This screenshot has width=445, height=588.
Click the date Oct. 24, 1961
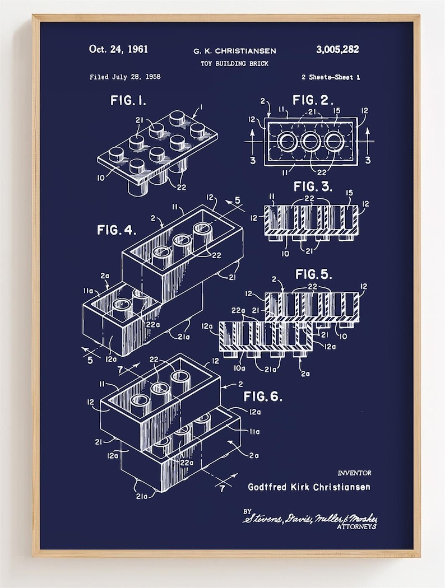coord(118,49)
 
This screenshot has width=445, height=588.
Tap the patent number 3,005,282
coord(337,49)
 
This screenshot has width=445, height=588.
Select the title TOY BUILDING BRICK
coord(234,64)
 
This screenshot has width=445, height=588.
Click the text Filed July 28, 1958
coord(125,77)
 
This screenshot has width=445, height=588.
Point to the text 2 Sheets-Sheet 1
coord(330,77)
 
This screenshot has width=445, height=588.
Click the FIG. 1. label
coord(128,100)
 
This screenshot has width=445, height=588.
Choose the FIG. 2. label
coord(313,101)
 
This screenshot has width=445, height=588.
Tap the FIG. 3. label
coord(313,187)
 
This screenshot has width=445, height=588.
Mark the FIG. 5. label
coord(313,274)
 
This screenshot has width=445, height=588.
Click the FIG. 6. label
coord(262,397)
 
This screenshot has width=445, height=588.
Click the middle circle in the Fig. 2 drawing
coord(310,142)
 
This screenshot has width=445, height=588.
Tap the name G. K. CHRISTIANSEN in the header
coord(234,51)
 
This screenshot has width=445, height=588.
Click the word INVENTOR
coord(354,473)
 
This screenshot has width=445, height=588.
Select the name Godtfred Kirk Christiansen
coord(309,487)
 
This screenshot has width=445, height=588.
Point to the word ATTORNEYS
coord(356,527)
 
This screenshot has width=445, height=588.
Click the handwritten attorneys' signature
coord(309,518)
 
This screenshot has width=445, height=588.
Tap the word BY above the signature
coord(247,511)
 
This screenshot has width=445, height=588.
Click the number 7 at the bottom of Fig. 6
coord(222,488)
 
